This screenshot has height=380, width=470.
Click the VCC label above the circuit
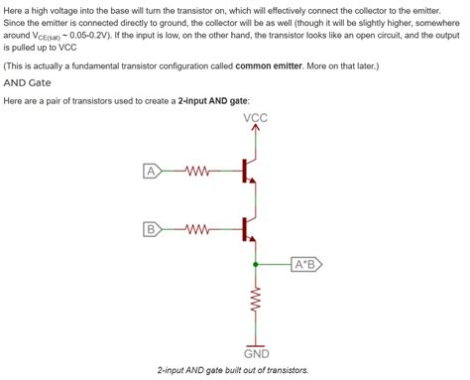255,119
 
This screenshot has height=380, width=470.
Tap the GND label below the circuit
256,354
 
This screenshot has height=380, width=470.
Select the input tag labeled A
152,171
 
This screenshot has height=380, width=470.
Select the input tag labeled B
152,230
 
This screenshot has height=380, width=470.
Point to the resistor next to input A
196,171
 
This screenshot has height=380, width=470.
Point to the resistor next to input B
196,230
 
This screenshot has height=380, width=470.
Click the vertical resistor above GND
256,299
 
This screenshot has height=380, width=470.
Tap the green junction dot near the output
256,265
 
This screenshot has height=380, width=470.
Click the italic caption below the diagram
234,370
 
